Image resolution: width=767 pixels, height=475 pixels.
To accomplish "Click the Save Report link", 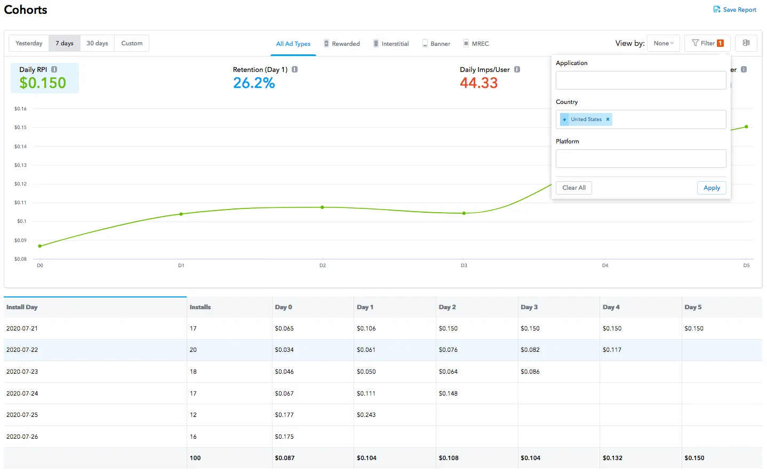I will (x=735, y=10).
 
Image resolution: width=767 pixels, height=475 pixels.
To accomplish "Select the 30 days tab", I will (x=97, y=43).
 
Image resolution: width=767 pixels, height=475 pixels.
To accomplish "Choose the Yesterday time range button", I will (x=29, y=43).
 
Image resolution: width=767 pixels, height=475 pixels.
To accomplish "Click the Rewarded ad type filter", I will (x=342, y=44).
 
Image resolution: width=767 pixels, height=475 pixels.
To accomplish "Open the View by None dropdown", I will (x=664, y=43).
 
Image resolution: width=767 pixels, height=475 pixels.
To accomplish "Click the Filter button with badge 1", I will (x=707, y=43).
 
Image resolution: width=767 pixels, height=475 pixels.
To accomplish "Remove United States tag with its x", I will (x=608, y=119).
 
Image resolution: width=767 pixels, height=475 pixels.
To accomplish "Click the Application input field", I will (x=641, y=80).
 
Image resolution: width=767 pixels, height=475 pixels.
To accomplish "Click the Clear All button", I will (x=574, y=188).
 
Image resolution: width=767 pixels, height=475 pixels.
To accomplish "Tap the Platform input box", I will (x=641, y=159).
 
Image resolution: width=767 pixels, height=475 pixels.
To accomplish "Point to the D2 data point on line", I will (x=322, y=207).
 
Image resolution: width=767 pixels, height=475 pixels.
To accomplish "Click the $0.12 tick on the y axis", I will (x=20, y=184).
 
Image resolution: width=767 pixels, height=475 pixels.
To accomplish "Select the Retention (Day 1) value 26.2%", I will (x=254, y=83).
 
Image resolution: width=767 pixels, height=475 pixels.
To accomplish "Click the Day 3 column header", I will (x=529, y=307).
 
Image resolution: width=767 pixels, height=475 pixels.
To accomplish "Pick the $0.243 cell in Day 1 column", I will (x=366, y=415).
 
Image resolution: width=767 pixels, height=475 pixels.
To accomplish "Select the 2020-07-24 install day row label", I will (x=22, y=393).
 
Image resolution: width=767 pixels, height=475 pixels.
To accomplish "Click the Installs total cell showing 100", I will (x=195, y=458).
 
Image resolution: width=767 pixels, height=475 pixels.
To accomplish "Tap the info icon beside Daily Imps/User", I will (x=517, y=70).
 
